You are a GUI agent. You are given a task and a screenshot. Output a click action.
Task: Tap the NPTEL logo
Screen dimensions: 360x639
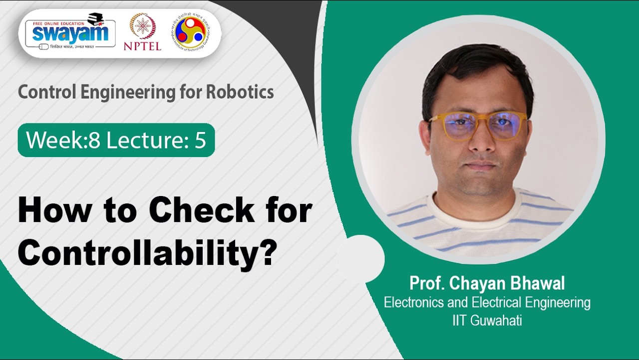tap(142, 31)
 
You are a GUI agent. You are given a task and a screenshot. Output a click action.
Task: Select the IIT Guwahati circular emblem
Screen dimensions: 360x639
tap(193, 31)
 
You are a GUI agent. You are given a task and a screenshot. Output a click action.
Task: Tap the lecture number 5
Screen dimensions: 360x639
tap(200, 140)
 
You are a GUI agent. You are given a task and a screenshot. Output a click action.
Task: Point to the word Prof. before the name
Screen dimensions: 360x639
tap(427, 283)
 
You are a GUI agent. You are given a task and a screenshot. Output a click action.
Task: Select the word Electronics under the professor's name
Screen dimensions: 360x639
tap(415, 302)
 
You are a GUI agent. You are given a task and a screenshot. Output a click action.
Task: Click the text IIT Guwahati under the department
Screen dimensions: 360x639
tap(487, 320)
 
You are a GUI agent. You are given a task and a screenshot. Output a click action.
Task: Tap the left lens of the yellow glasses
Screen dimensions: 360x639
tap(455, 125)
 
